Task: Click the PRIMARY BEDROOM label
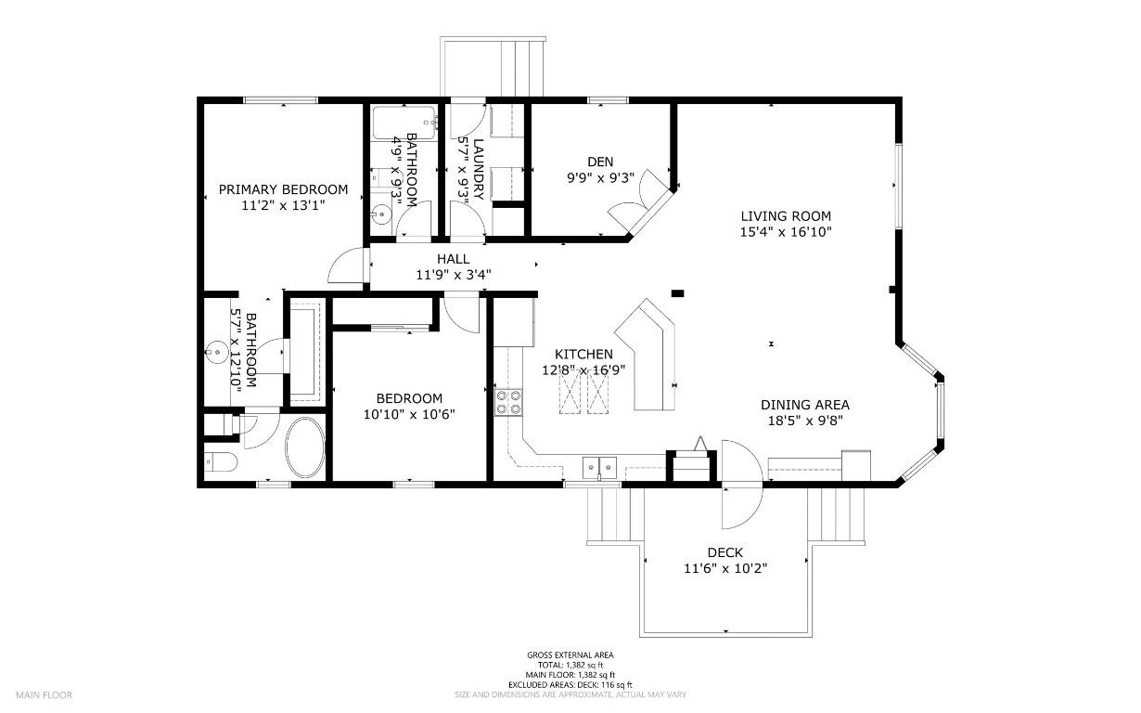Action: click(x=283, y=189)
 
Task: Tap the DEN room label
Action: click(x=600, y=162)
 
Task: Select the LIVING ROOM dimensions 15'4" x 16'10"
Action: click(x=785, y=232)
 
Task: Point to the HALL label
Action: click(x=454, y=259)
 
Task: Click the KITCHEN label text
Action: click(x=583, y=354)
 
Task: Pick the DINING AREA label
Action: click(x=804, y=405)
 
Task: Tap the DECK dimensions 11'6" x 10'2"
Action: click(x=725, y=568)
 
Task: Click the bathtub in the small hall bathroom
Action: click(x=404, y=121)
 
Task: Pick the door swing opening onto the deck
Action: click(x=741, y=483)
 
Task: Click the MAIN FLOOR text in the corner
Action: click(x=44, y=694)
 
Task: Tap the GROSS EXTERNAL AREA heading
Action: click(x=570, y=655)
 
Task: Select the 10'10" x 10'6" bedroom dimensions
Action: click(x=409, y=414)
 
